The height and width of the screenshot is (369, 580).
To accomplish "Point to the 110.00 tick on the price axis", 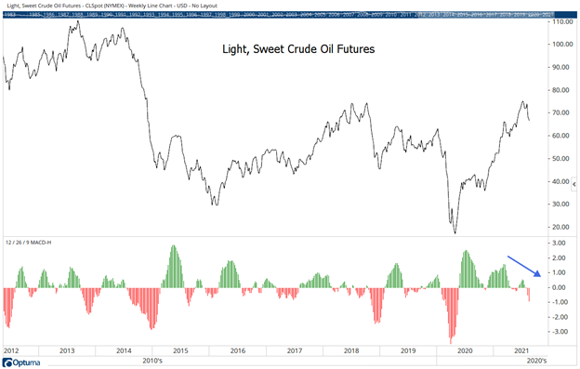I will tap(560, 21).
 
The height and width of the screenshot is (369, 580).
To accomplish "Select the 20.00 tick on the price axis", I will tap(559, 227).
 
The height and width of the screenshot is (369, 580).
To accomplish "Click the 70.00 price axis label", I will tap(559, 112).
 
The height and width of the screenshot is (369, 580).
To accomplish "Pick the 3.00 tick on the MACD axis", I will tap(559, 244).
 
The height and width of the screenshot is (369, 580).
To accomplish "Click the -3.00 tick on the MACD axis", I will tap(558, 331).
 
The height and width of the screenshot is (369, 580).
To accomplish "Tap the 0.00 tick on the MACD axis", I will tap(559, 287).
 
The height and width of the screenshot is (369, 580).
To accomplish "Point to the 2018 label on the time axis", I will tap(352, 350).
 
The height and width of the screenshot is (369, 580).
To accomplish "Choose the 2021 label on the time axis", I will tap(521, 350).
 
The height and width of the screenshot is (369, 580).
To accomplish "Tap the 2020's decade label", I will tap(537, 360).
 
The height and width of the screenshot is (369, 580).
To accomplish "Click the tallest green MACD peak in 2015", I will tap(174, 246).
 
